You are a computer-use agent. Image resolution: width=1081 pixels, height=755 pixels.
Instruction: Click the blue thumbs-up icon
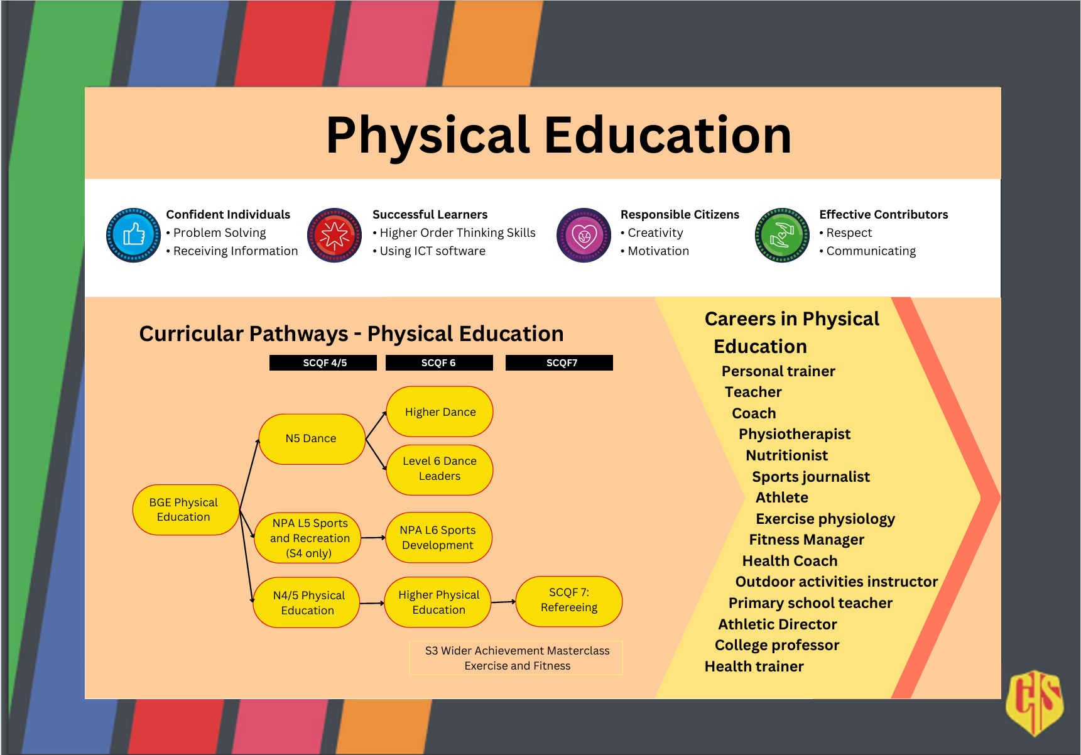[x=133, y=235]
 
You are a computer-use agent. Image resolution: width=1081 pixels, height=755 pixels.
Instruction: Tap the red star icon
[x=334, y=235]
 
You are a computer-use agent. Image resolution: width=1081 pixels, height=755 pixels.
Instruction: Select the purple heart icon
[x=584, y=235]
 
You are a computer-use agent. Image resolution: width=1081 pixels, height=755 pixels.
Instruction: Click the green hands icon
[x=782, y=235]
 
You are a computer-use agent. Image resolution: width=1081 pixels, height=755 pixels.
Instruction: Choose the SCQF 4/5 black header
[x=323, y=362]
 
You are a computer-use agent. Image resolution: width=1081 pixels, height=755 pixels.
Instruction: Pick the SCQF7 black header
[x=559, y=362]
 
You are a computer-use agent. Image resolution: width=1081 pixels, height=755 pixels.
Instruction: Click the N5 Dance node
[x=312, y=438]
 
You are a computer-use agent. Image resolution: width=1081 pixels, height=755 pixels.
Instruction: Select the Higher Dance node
[x=440, y=411]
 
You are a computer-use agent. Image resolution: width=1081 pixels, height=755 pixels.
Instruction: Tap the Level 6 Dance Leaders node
[x=440, y=469]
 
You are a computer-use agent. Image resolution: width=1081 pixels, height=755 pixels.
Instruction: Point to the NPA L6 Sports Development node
[x=438, y=538]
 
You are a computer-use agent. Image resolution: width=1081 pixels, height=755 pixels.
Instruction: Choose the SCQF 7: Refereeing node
[x=569, y=602]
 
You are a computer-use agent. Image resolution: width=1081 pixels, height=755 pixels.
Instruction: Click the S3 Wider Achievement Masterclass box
[x=516, y=658]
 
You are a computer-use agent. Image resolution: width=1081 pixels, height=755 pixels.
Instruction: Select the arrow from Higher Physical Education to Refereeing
[x=503, y=602]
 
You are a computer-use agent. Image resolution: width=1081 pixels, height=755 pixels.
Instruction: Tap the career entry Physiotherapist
[x=795, y=434]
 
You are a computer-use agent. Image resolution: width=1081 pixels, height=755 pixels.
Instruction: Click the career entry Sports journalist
[x=811, y=477]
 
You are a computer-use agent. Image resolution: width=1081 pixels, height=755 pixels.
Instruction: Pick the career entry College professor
[x=777, y=645]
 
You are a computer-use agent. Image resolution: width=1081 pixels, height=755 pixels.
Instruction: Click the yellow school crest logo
[x=1035, y=702]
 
